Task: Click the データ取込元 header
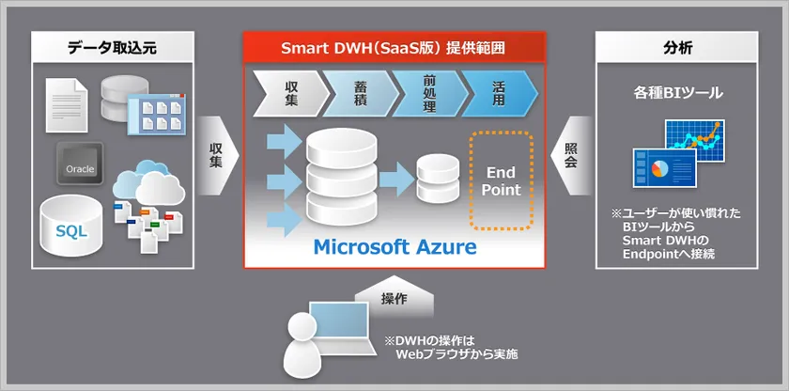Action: [x=112, y=48]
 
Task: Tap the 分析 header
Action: [x=676, y=48]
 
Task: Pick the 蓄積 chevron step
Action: [x=360, y=91]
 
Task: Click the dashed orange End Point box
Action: [x=501, y=181]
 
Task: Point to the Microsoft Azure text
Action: [x=394, y=247]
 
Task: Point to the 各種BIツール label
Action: [x=676, y=94]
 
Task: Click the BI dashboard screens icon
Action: [x=677, y=154]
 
